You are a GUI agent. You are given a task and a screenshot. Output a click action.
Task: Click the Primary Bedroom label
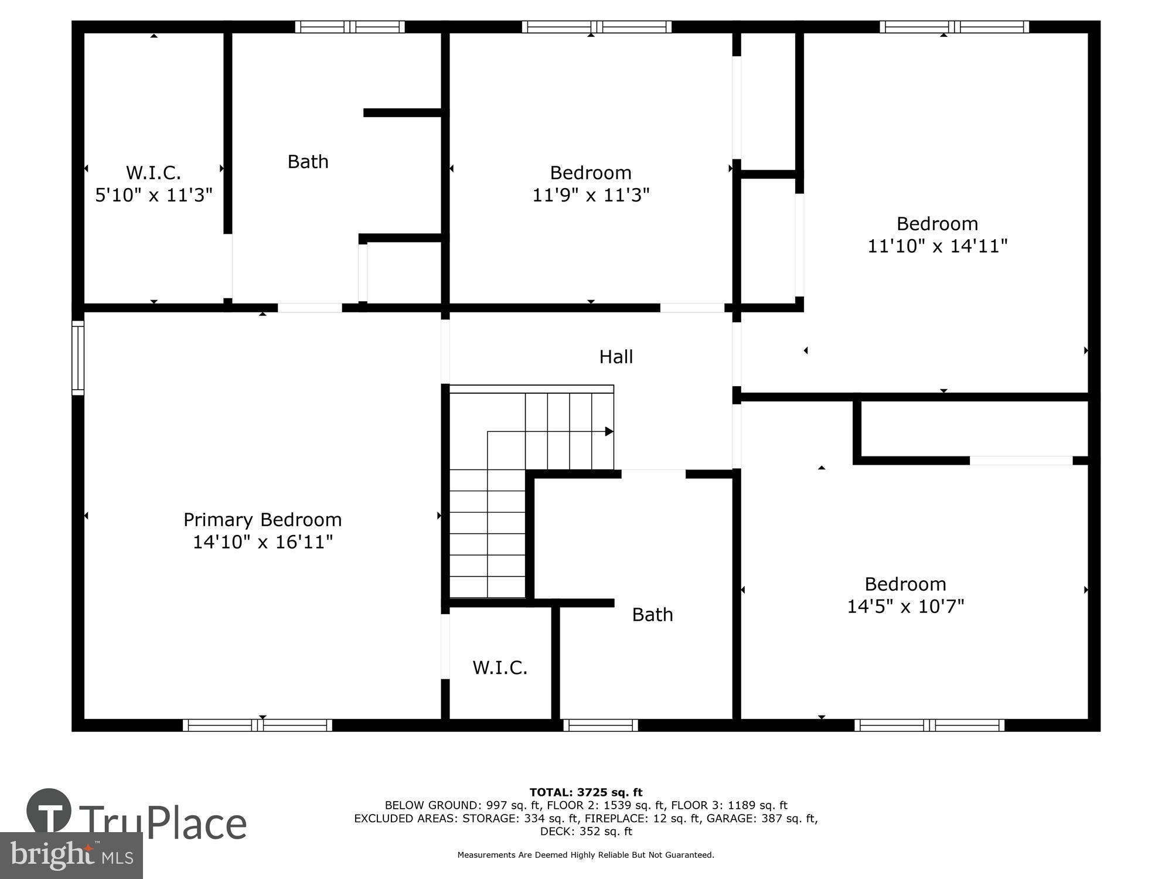(262, 520)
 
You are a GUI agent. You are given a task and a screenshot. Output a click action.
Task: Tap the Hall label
(616, 357)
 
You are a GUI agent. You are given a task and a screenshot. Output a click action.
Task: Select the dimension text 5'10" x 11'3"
(154, 195)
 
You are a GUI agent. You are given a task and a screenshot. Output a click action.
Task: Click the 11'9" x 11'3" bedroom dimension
(591, 195)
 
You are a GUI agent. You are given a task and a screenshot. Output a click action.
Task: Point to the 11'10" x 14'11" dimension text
(937, 246)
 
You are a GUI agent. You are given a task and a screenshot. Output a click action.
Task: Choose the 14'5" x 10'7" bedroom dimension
(905, 606)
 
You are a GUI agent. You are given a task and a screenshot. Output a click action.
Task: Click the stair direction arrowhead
(609, 432)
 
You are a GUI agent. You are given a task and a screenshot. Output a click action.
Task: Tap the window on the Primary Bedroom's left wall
(78, 357)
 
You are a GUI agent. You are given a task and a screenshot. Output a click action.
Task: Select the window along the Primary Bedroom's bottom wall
(257, 725)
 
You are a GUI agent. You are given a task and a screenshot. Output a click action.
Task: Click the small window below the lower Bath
(601, 725)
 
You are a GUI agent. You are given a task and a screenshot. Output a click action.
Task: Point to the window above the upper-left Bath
(350, 27)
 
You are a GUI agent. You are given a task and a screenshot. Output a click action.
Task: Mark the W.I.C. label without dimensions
(500, 667)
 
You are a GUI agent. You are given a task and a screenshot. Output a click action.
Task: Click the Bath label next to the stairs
(652, 615)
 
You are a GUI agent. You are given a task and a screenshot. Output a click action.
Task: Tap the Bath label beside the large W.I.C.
(308, 162)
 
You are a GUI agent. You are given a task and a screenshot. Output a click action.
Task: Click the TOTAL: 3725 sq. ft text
(586, 793)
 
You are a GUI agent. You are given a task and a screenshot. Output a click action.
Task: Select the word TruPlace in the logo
(162, 823)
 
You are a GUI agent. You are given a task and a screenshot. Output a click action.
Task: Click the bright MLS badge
(71, 856)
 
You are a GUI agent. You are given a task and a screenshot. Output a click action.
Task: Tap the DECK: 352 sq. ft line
(586, 831)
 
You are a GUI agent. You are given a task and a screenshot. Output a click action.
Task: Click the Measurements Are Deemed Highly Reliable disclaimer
(586, 855)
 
